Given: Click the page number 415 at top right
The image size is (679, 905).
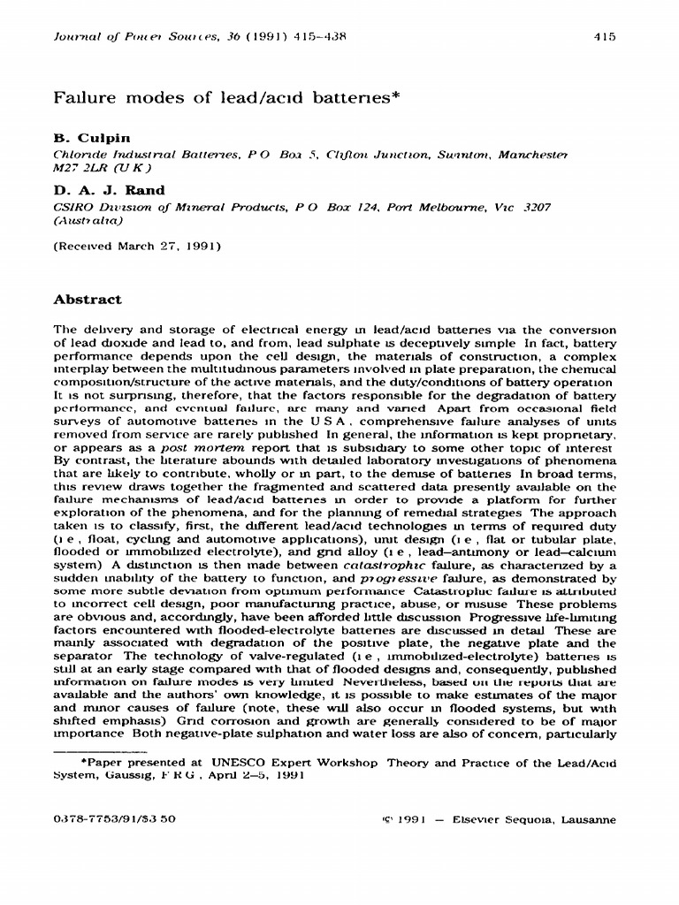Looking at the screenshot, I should tap(606, 37).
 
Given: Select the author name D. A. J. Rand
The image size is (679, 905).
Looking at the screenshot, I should tap(109, 190).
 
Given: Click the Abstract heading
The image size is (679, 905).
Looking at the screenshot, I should tap(88, 300).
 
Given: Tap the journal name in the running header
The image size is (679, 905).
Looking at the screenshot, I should tap(134, 37).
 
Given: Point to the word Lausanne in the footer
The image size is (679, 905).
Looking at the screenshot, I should tap(585, 819).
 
